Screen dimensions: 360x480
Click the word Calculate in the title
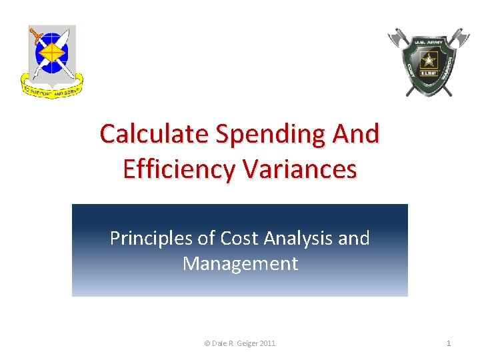(x=152, y=134)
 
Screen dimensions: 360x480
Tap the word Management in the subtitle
(x=240, y=264)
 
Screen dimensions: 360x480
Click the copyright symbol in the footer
(x=207, y=343)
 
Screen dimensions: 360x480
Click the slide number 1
(x=449, y=343)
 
